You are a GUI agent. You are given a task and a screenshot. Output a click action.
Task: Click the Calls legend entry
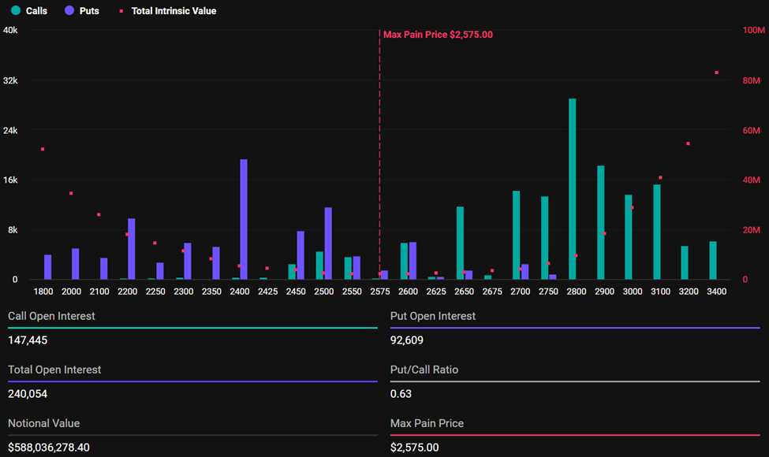click(x=30, y=11)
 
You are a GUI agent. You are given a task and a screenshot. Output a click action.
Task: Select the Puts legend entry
click(x=83, y=11)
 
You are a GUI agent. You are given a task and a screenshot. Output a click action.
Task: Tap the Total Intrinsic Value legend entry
click(x=167, y=11)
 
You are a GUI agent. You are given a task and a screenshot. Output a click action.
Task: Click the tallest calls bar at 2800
click(x=573, y=189)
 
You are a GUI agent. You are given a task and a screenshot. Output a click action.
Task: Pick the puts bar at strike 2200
click(x=132, y=249)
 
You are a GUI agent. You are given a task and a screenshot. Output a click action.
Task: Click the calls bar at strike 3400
click(x=713, y=260)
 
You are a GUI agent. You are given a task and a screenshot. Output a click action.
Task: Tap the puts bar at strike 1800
click(x=47, y=267)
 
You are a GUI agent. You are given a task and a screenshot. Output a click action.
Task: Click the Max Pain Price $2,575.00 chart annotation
click(x=438, y=35)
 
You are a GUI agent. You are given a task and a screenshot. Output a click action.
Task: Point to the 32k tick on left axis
click(x=11, y=80)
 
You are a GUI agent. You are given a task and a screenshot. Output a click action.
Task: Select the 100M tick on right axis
click(x=755, y=30)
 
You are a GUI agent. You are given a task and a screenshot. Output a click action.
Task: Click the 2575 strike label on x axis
click(x=379, y=292)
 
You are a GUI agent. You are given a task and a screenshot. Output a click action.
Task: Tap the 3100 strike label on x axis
click(x=660, y=292)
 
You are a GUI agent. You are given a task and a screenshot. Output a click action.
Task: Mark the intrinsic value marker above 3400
click(x=716, y=72)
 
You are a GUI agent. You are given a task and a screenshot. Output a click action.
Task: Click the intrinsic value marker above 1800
click(x=43, y=149)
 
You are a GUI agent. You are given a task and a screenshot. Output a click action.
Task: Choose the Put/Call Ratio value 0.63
click(x=401, y=394)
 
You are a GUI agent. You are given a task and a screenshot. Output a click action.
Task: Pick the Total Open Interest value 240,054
click(x=27, y=394)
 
